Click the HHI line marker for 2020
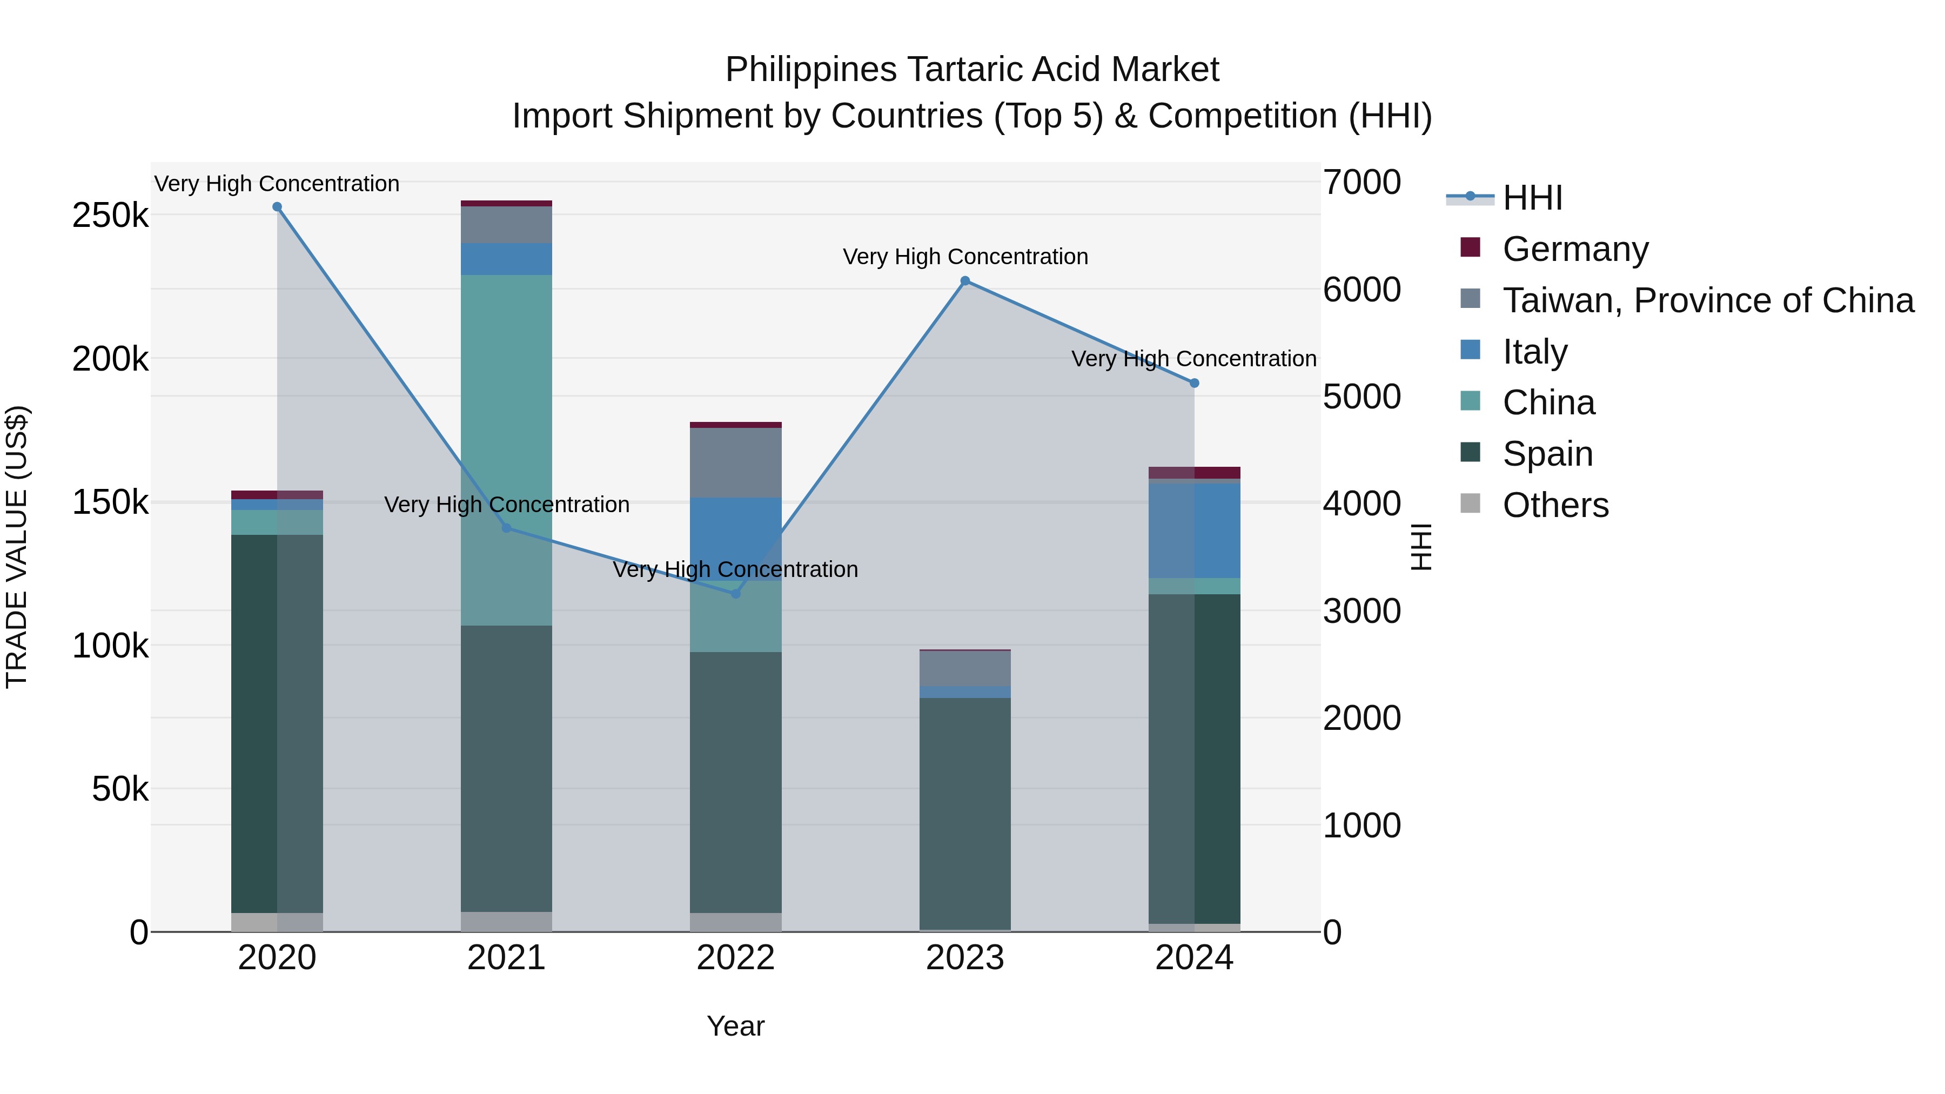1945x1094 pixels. [277, 207]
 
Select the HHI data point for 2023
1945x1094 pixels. [965, 281]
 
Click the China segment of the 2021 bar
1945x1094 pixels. [506, 449]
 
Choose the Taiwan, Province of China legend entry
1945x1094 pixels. [1708, 300]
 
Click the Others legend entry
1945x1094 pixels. [1555, 505]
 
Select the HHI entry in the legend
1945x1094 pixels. [1532, 198]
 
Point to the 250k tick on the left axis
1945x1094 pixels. [110, 216]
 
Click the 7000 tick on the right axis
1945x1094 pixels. [1361, 182]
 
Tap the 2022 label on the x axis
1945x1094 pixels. [735, 958]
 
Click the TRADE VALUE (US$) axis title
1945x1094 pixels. [17, 547]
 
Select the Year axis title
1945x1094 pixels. [735, 1026]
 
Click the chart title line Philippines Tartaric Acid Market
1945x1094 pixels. [972, 70]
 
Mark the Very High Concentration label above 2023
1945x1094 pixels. [965, 257]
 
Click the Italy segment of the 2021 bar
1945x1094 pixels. [506, 259]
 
